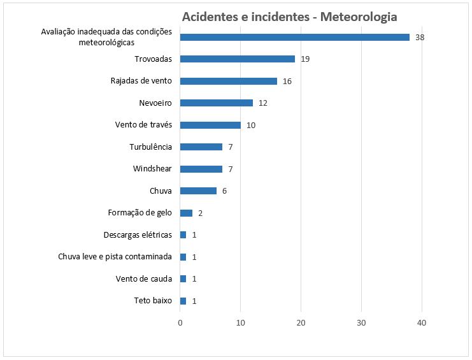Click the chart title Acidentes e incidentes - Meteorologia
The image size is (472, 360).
click(289, 17)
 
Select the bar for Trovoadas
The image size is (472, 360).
click(238, 59)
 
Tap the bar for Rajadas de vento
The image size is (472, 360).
click(229, 81)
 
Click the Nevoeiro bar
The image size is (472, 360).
click(217, 103)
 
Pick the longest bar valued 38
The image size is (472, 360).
click(295, 37)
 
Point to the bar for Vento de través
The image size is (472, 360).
click(210, 125)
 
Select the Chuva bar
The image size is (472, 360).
click(198, 191)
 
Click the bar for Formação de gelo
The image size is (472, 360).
click(186, 213)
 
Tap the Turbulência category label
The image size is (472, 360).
click(150, 147)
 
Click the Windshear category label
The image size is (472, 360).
click(152, 169)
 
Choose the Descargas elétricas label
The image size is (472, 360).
click(138, 235)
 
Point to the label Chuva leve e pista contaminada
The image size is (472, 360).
click(115, 257)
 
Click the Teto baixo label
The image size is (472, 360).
click(153, 301)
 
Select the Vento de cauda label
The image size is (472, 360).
click(144, 278)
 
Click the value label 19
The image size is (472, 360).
click(305, 59)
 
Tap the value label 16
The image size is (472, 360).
click(287, 81)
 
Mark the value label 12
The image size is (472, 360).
click(262, 103)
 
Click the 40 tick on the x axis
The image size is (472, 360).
click(422, 323)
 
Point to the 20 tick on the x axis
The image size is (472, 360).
click(301, 323)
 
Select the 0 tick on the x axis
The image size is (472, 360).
click(180, 323)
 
